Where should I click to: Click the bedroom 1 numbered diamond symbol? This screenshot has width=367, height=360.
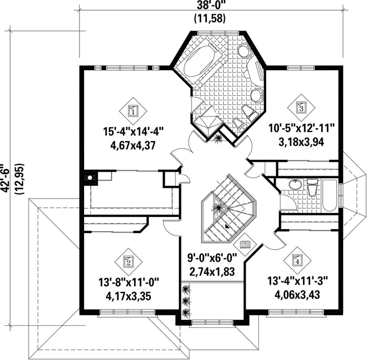[133, 111]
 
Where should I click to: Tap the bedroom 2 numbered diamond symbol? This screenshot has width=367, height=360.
[128, 262]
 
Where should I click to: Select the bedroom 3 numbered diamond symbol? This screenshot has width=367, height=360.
[301, 107]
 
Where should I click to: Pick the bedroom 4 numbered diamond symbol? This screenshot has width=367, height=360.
[297, 260]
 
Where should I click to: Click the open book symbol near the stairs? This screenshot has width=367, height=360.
[245, 245]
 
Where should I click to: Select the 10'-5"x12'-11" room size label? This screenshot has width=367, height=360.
[302, 129]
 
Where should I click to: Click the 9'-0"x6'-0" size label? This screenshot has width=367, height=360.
[212, 259]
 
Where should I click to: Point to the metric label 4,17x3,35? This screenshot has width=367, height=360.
[128, 296]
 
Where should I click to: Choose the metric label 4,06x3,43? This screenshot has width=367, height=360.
[297, 295]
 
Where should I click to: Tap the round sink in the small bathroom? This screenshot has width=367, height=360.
[296, 185]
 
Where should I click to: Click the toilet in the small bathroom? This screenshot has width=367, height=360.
[312, 187]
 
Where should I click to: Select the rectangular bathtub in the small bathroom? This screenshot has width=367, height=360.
[330, 196]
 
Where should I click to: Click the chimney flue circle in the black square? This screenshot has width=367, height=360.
[90, 178]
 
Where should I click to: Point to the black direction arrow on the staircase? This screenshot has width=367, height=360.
[226, 226]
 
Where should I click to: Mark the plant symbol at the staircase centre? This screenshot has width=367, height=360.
[218, 207]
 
